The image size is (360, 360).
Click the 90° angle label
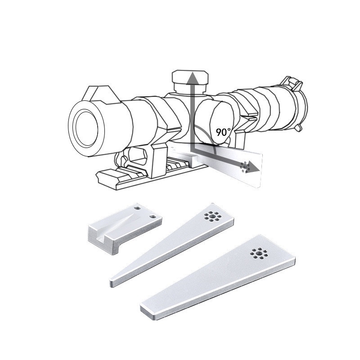[223, 132]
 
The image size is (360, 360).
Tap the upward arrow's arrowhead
[192, 78]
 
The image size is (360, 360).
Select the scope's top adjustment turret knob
[190, 81]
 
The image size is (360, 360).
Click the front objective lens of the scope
[86, 129]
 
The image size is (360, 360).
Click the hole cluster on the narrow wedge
[213, 216]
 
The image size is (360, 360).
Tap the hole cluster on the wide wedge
[259, 253]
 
